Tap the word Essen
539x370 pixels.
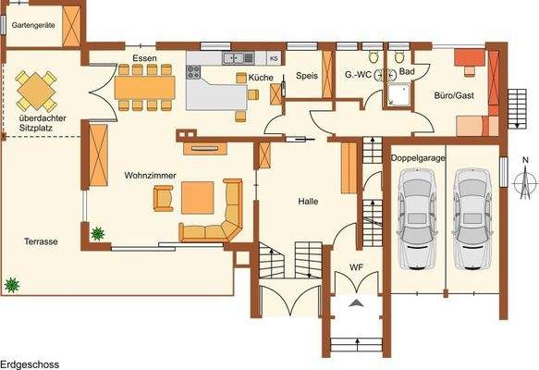(x=144, y=58)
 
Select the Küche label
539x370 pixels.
(x=261, y=78)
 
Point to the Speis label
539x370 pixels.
(x=307, y=77)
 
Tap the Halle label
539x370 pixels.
(x=308, y=201)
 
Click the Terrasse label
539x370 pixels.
(x=42, y=241)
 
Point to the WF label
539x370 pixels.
(x=356, y=267)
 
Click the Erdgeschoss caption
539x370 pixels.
(x=30, y=364)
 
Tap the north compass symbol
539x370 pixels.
(x=525, y=185)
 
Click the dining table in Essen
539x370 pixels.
(x=144, y=86)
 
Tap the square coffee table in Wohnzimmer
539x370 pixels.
(x=198, y=197)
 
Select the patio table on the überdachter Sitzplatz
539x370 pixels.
(x=35, y=92)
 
